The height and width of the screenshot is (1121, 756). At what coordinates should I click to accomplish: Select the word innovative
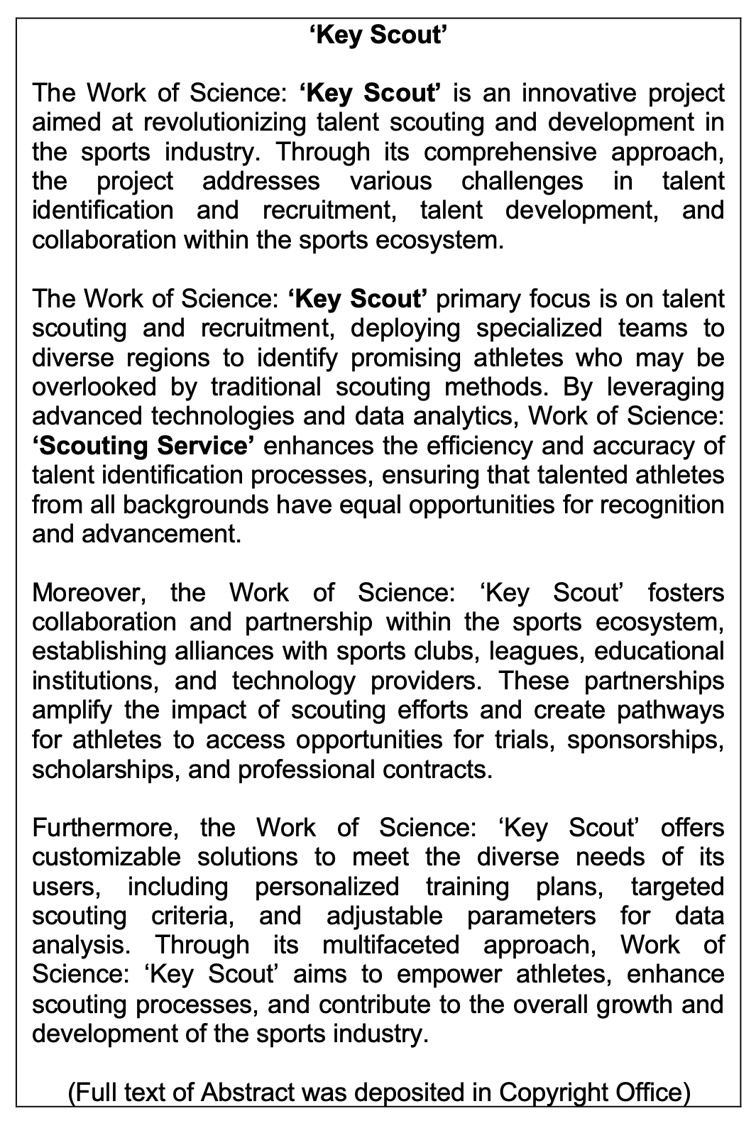click(549, 93)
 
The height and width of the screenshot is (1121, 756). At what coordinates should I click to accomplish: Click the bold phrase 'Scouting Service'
click(143, 446)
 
